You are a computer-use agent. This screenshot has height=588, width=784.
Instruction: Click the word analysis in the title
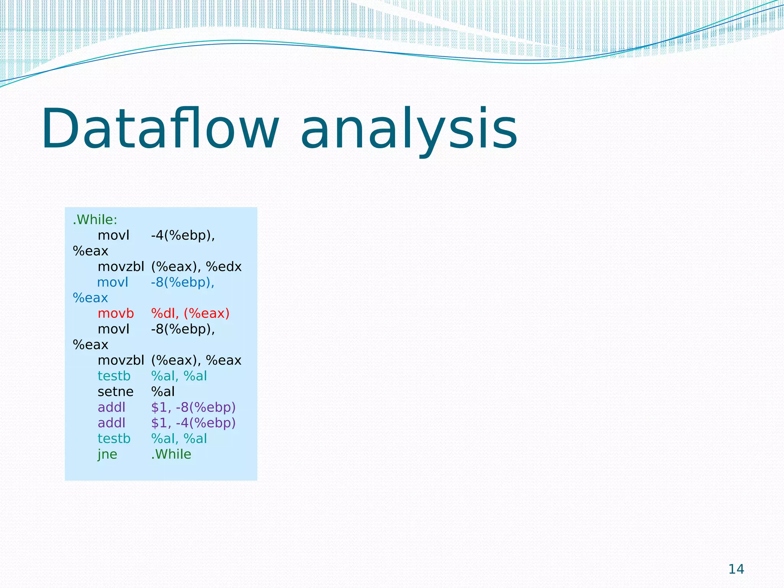(408, 129)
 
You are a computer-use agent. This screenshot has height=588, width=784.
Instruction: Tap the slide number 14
(736, 569)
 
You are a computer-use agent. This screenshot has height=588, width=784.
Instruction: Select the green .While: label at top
(95, 220)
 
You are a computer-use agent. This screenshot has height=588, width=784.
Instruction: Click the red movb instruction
(116, 314)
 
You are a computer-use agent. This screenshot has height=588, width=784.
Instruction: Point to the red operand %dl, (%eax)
(190, 314)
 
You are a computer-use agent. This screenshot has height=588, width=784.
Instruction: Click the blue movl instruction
(113, 282)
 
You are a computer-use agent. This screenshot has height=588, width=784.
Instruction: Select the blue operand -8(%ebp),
(183, 282)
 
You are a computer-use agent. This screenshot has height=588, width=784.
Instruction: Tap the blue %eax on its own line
(90, 298)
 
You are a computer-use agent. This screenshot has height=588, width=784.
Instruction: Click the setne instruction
(116, 392)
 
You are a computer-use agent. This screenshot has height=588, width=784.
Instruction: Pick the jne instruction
(107, 454)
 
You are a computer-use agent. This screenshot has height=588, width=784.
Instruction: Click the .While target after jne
(171, 454)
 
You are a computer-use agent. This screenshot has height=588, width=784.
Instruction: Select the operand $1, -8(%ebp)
(193, 407)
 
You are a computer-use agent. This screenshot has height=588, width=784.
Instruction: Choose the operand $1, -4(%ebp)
(193, 423)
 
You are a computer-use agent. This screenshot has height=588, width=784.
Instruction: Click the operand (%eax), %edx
(196, 266)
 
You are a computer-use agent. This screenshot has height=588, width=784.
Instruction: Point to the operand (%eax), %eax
(196, 360)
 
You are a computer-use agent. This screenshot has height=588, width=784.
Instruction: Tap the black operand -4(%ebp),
(183, 235)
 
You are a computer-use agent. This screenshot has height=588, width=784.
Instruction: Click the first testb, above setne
(114, 376)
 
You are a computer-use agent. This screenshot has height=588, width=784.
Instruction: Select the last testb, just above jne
(114, 439)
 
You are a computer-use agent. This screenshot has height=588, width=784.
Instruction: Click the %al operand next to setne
(163, 392)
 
